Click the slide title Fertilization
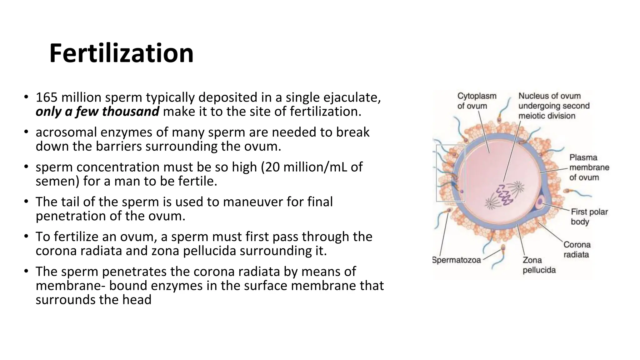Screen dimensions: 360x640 click(121, 54)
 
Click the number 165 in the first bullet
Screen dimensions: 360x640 click(47, 97)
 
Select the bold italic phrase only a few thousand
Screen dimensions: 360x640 click(97, 112)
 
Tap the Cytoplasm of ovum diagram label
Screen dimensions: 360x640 click(476, 101)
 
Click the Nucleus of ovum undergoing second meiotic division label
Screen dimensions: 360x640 click(553, 106)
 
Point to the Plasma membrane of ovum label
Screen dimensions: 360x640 click(589, 167)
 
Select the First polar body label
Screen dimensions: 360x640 click(589, 217)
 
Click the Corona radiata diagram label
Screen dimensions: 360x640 click(577, 249)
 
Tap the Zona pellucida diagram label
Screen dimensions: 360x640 click(539, 265)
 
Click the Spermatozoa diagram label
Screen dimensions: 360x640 click(456, 260)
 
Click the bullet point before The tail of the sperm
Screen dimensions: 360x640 click(26, 202)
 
